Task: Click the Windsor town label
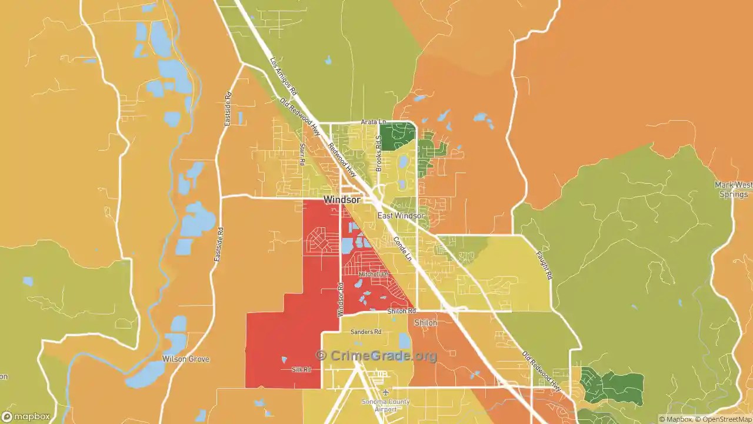coord(342,200)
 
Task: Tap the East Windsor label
coord(401,216)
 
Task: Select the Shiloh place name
coord(425,323)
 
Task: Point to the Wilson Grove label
coord(186,359)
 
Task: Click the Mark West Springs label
coord(733,190)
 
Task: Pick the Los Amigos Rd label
coord(284,77)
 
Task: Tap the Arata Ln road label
coord(373,122)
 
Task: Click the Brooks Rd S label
coord(379,153)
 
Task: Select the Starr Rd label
coord(302,154)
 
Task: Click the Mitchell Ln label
coord(374,274)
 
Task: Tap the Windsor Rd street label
coord(340,299)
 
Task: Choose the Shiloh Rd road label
coord(401,311)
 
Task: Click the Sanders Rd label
coord(366,332)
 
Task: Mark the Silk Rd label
coord(301,370)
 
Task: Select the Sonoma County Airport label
coord(386,405)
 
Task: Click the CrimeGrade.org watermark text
coord(376,356)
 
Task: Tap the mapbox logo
coord(26,417)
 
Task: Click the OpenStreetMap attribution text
coord(724,419)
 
